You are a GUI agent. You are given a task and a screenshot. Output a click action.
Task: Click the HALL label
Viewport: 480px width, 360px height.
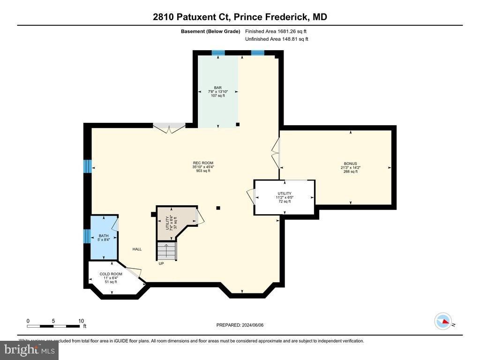click(x=136, y=249)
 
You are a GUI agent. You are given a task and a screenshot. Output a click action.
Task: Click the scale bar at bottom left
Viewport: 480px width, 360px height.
click(x=53, y=325)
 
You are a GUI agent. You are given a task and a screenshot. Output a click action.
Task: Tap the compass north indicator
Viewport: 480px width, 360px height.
click(x=443, y=322)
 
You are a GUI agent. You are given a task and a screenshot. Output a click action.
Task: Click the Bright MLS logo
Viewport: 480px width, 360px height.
click(x=30, y=350)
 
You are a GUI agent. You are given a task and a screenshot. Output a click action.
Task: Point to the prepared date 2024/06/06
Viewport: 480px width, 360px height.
click(x=243, y=325)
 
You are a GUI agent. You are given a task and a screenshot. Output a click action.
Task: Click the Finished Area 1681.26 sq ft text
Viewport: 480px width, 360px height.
click(x=276, y=31)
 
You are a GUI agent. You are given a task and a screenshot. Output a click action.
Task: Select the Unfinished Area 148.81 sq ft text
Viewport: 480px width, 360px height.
click(x=277, y=39)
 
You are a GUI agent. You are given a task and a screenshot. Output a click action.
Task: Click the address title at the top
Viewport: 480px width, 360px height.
click(x=240, y=17)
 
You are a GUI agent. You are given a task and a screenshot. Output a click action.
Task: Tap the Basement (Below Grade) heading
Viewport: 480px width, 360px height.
click(x=210, y=31)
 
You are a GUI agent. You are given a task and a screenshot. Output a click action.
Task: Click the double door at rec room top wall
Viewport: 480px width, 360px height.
click(x=169, y=127)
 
